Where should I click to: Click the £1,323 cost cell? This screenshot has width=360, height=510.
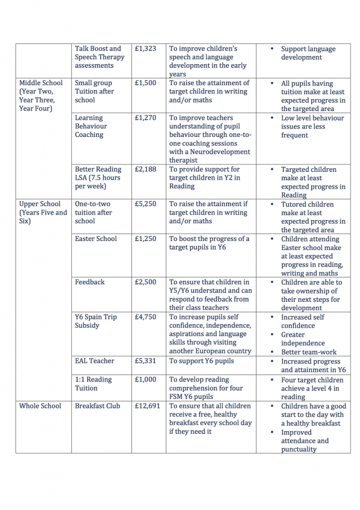point(145,49)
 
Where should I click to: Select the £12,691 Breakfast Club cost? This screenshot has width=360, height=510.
point(147,406)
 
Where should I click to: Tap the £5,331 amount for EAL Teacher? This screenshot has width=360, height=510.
point(145,361)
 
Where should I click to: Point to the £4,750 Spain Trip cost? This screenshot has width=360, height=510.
point(145,317)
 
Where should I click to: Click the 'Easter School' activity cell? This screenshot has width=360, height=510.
point(96,239)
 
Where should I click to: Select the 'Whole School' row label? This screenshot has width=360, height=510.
point(40,406)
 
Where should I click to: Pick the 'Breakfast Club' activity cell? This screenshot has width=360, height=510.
point(98,406)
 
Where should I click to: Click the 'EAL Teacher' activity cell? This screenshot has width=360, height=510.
point(95,361)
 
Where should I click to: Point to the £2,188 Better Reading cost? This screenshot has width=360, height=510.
point(145,169)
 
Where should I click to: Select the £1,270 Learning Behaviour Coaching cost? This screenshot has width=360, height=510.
point(145,118)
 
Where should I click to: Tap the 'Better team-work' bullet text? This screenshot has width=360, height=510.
point(309,352)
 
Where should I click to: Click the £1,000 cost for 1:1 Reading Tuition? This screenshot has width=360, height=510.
point(145,380)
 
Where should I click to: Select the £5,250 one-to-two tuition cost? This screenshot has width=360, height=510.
point(145,204)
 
